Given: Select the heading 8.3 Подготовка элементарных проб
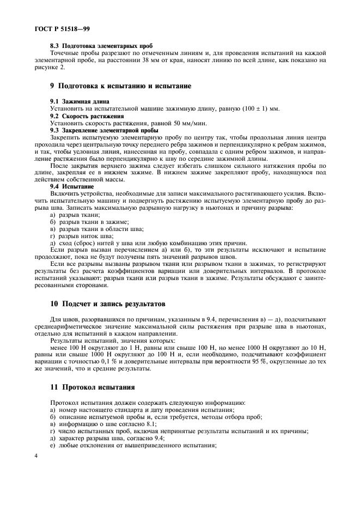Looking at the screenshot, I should [x=101, y=46].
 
